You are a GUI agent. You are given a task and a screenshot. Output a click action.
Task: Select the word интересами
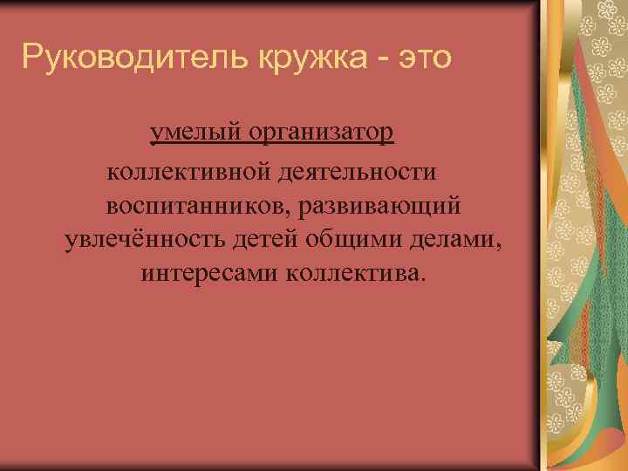click(208, 274)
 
